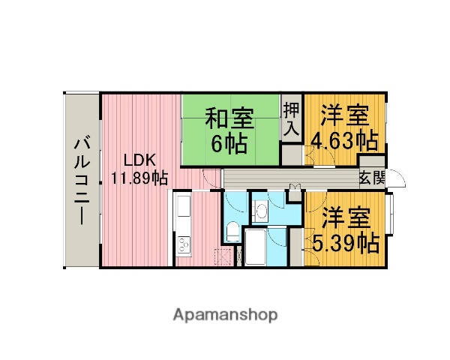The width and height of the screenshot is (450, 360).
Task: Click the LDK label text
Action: pos(139,160)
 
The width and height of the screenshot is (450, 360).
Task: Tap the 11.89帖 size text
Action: pos(139,178)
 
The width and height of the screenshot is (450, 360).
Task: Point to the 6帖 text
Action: pos(229,144)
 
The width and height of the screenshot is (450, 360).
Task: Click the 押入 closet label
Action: pos(291,118)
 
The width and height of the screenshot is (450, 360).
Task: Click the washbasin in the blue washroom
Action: pos(262,211)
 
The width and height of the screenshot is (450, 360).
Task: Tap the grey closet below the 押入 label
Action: pos(291,154)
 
